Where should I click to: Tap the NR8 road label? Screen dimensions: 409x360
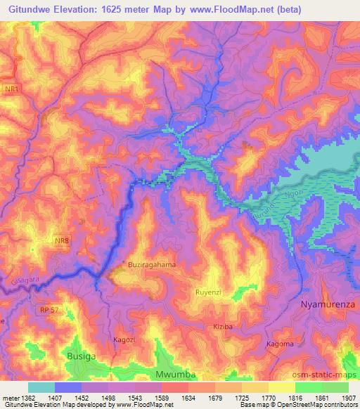63,241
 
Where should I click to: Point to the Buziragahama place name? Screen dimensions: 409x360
152,264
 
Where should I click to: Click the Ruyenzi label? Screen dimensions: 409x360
209,290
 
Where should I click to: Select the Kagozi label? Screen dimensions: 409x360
124,339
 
